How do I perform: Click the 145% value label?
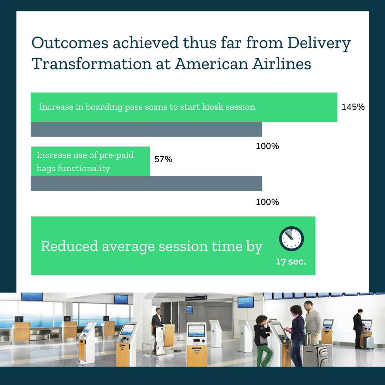coord(353,107)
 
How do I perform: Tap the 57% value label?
coord(163,159)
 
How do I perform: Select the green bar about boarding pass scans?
coord(184,107)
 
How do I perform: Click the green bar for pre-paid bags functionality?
coord(90,161)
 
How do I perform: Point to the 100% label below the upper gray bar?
coord(267,146)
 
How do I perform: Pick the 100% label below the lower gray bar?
coord(267,202)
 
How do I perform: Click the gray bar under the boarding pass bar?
coord(146,129)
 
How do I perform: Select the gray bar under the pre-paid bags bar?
coord(146,184)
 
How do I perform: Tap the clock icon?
coord(292,238)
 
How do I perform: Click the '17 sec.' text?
coord(291,262)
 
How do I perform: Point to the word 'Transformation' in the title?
coord(91,64)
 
